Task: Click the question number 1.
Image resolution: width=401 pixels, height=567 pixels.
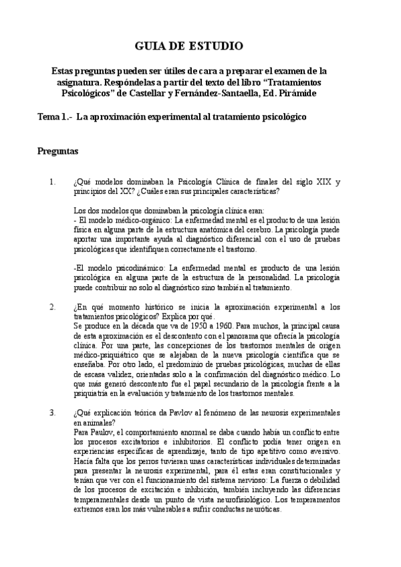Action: tap(53, 182)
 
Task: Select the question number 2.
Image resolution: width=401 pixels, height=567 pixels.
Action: tap(53, 307)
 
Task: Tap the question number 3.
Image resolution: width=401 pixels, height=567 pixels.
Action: tap(53, 412)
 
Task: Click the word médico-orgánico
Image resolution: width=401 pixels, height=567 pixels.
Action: tap(138, 220)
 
